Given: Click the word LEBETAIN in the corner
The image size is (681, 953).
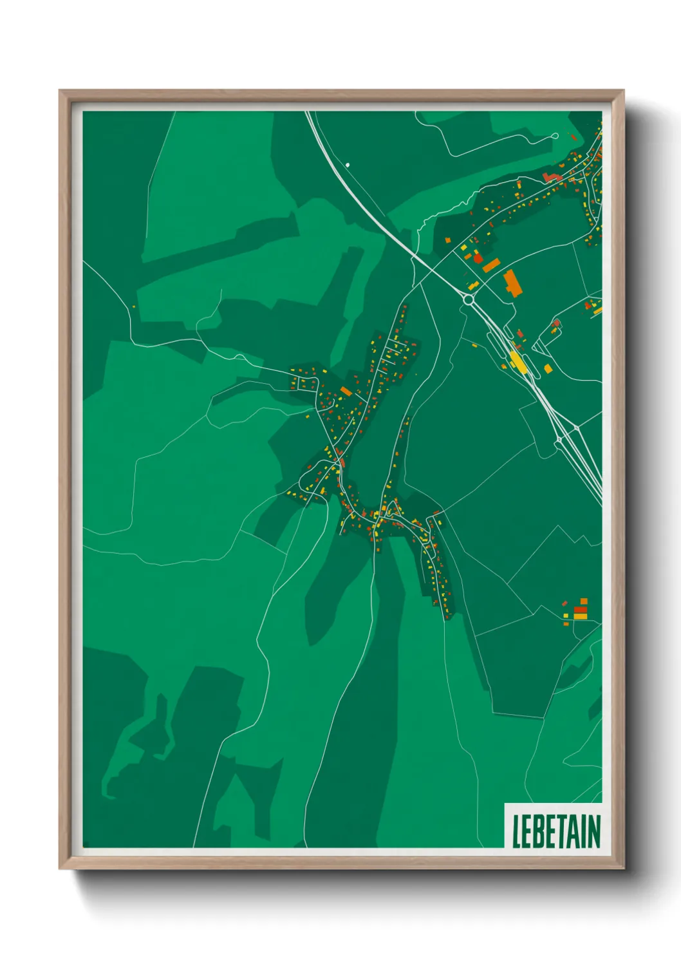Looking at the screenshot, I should [x=556, y=831].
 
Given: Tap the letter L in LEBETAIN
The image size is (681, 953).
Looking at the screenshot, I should [x=516, y=831].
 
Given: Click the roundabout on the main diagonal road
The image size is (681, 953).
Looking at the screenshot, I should [x=468, y=299].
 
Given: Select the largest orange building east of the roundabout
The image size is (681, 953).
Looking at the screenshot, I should [x=512, y=283].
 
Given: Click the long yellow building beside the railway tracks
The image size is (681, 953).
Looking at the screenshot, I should [x=517, y=361].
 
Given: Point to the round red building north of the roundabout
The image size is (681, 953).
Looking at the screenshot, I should [x=478, y=258].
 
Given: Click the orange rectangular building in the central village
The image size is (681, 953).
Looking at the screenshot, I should [x=346, y=391].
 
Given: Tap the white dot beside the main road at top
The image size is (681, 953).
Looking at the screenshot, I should [x=348, y=165].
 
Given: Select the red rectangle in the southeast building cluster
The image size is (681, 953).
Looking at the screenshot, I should [x=580, y=609].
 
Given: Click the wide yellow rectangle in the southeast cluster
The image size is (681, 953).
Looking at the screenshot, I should [x=580, y=616].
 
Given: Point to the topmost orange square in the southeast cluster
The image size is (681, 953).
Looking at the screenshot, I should [x=584, y=601].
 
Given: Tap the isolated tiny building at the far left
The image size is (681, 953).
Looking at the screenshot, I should [x=134, y=307].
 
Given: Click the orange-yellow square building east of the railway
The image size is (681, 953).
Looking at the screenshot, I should [x=548, y=369].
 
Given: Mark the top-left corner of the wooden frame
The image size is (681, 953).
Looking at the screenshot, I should [x=60, y=91].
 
